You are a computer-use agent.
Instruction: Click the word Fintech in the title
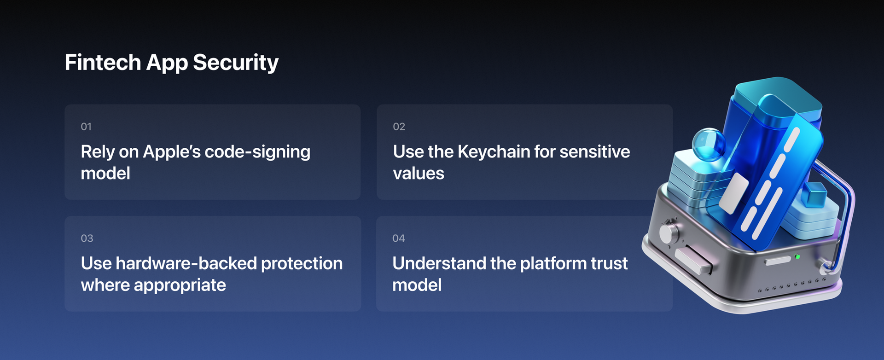103,62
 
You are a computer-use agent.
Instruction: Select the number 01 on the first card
86,127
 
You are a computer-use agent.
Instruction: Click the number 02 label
399,127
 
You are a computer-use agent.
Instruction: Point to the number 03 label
87,238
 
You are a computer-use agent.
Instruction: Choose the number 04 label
398,238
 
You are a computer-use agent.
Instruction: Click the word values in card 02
418,174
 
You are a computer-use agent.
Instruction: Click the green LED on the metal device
797,256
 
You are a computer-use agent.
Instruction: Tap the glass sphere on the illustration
708,144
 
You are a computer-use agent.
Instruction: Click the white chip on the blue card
734,193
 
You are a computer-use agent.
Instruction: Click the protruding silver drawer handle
693,261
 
